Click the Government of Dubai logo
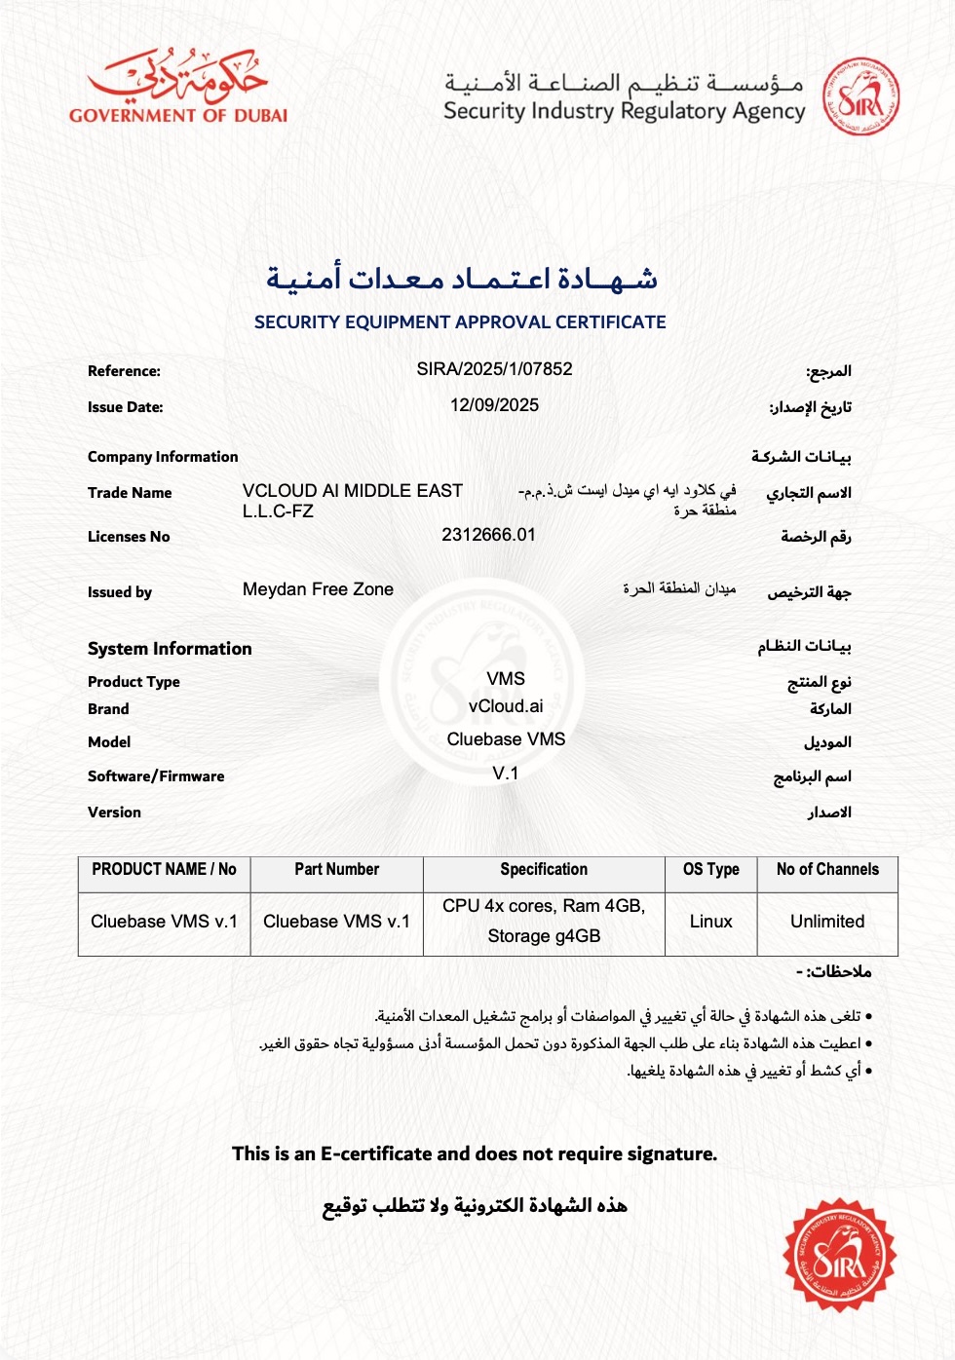178,87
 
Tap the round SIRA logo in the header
860,96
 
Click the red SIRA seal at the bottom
839,1255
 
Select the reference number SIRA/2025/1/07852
494,369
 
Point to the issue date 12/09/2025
494,405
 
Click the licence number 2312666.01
488,535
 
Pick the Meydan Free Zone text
318,589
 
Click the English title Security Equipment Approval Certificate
460,322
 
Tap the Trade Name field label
130,493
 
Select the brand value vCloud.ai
506,706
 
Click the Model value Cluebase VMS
506,739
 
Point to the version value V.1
506,774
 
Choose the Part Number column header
336,870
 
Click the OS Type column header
710,870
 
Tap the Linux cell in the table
710,922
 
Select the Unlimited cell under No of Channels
827,922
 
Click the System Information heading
170,649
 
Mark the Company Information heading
163,457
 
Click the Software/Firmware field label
156,776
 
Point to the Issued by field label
120,592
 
